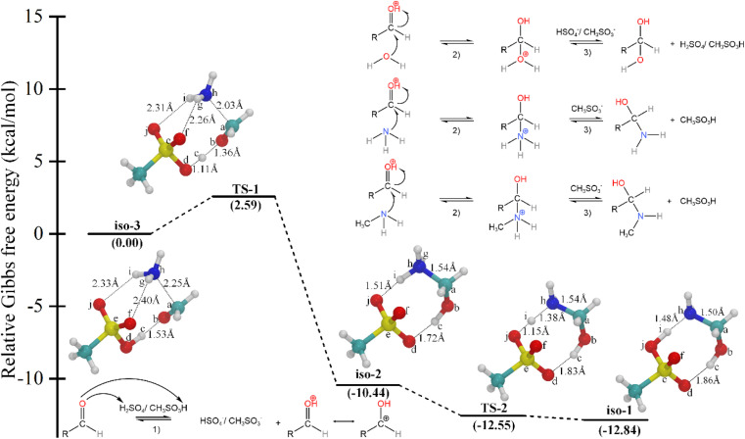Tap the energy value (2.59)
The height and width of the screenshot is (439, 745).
click(245, 207)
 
